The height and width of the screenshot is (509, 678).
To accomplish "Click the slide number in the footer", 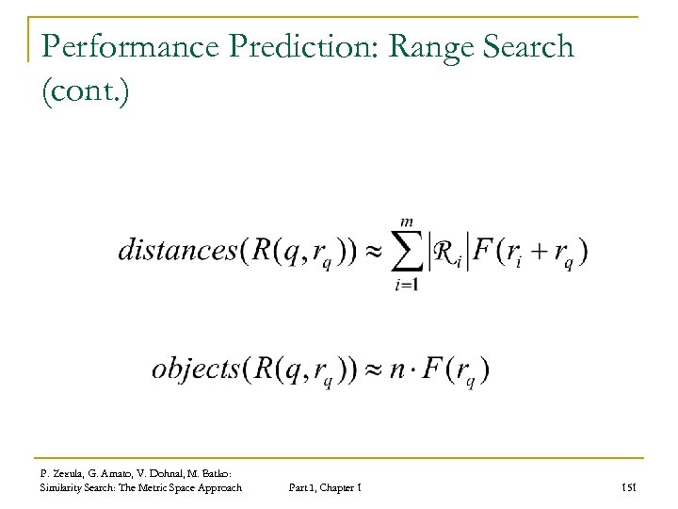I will [x=632, y=487].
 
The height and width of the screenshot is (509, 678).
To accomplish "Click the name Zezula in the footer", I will [x=72, y=471].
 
